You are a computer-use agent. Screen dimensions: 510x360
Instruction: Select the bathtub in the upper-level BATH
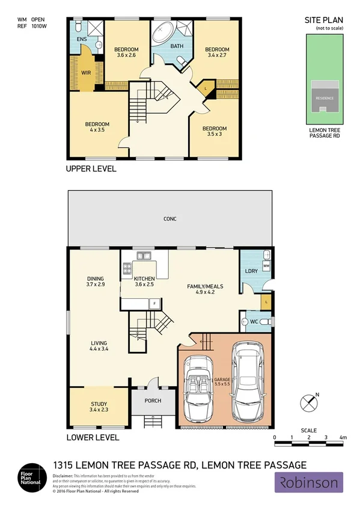coord(162,32)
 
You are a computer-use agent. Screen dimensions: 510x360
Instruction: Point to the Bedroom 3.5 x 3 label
coord(214,131)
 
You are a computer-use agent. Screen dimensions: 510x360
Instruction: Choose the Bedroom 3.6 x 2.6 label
coord(126,52)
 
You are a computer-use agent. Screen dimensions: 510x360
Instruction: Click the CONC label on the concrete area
coord(170,219)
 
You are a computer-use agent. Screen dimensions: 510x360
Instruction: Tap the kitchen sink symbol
coord(142,255)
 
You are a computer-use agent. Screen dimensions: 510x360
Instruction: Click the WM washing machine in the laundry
coord(266,265)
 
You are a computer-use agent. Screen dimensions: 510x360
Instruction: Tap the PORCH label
coord(153,401)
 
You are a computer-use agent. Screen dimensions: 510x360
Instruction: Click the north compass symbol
coord(310,401)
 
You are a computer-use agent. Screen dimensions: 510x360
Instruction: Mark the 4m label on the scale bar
coord(343,437)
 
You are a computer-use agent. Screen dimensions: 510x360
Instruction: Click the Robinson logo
coord(309,482)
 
